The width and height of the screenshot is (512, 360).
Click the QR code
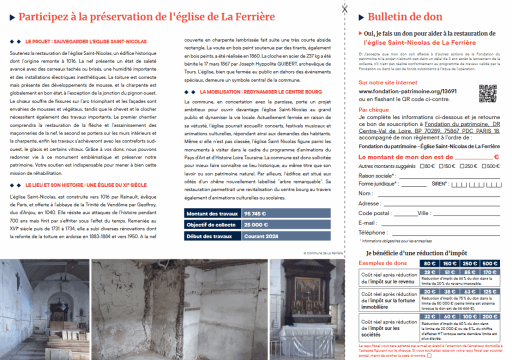(487, 93)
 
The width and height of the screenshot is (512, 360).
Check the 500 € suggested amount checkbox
(483, 166)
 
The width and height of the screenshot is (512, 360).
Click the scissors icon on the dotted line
(344, 8)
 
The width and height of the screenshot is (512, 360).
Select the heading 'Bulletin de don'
(405, 17)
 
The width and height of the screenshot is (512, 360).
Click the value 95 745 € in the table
(255, 213)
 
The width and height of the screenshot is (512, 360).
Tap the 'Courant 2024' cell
(261, 236)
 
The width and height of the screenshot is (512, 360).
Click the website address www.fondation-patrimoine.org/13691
(407, 91)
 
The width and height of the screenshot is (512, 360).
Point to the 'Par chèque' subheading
(374, 109)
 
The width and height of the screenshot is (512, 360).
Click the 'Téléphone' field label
(372, 232)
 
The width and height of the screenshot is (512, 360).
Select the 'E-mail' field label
(368, 222)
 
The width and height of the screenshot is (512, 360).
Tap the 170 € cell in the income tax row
(490, 272)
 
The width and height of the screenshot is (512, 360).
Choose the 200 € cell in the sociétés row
(490, 316)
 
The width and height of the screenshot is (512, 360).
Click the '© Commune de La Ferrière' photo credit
(323, 253)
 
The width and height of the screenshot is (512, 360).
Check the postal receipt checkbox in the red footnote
(429, 355)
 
